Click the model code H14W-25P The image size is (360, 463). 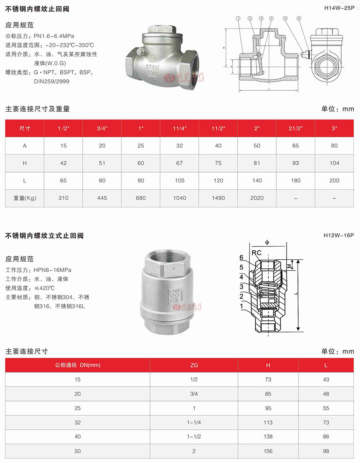pyautogui.click(x=338, y=8)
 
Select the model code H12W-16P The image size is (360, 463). pyautogui.click(x=338, y=236)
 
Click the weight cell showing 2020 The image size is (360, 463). pyautogui.click(x=257, y=198)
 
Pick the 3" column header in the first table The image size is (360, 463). pyautogui.click(x=334, y=128)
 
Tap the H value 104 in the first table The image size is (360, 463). pyautogui.click(x=334, y=163)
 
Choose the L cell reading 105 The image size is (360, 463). pyautogui.click(x=180, y=180)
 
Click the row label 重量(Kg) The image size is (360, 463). pyautogui.click(x=25, y=198)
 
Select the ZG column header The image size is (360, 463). pyautogui.click(x=194, y=365)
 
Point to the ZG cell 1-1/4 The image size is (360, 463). pyautogui.click(x=194, y=422)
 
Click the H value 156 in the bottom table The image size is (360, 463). pyautogui.click(x=268, y=451)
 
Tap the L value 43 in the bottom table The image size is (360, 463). pyautogui.click(x=326, y=379)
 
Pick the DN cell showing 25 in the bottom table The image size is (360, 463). pyautogui.click(x=78, y=408)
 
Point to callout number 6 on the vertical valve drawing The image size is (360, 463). pyautogui.click(x=241, y=257)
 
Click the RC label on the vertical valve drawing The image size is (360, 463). pyautogui.click(x=256, y=253)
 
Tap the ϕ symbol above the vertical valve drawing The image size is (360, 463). pyautogui.click(x=267, y=242)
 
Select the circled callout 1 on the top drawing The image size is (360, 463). pyautogui.click(x=238, y=18)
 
